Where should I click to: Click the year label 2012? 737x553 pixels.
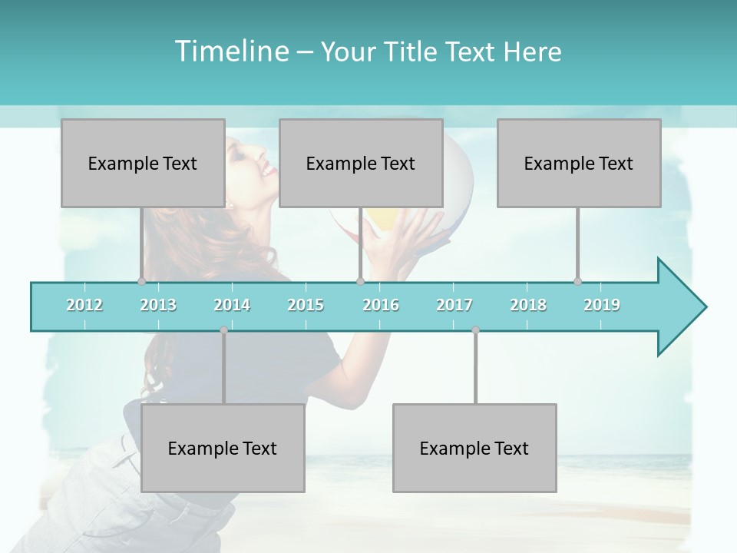pyautogui.click(x=84, y=305)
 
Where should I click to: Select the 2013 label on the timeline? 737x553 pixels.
pyautogui.click(x=158, y=305)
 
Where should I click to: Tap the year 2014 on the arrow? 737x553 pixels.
pyautogui.click(x=232, y=305)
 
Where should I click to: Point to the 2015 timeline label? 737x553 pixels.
pyautogui.click(x=306, y=305)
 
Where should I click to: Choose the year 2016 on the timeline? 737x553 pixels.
pyautogui.click(x=381, y=305)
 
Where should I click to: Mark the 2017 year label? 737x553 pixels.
pyautogui.click(x=454, y=305)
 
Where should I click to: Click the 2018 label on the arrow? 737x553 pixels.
pyautogui.click(x=528, y=305)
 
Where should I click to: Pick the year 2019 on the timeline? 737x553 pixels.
pyautogui.click(x=602, y=305)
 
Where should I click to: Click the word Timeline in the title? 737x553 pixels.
pyautogui.click(x=230, y=51)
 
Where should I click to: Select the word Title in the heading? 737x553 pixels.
pyautogui.click(x=413, y=51)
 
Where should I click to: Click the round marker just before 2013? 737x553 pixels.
pyautogui.click(x=141, y=281)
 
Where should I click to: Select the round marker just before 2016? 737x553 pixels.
pyautogui.click(x=360, y=281)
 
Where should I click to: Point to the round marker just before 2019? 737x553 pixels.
pyautogui.click(x=577, y=281)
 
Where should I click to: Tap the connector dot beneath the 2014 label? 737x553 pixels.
pyautogui.click(x=223, y=330)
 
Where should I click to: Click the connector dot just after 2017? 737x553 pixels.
pyautogui.click(x=475, y=330)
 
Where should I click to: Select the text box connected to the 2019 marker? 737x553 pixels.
pyautogui.click(x=579, y=163)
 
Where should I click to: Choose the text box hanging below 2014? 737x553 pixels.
pyautogui.click(x=223, y=448)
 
